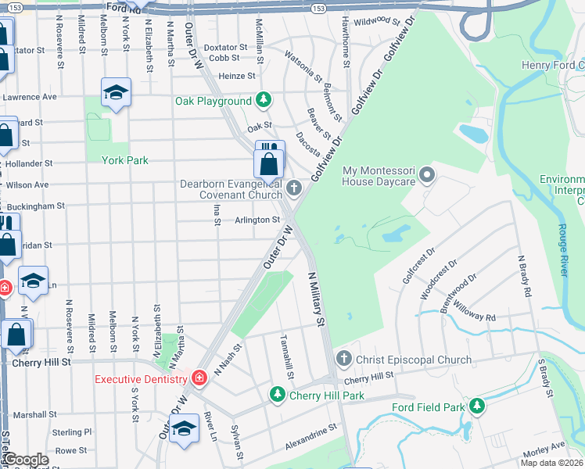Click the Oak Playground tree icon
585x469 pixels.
[264, 101]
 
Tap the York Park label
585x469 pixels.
[124, 159]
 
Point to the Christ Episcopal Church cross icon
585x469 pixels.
[343, 360]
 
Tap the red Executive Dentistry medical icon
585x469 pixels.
[199, 379]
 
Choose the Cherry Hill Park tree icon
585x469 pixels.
[275, 396]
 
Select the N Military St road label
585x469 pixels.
[316, 299]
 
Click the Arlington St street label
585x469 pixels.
[257, 220]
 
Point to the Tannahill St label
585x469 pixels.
[286, 359]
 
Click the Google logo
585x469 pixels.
[26, 460]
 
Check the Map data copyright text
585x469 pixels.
[551, 463]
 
